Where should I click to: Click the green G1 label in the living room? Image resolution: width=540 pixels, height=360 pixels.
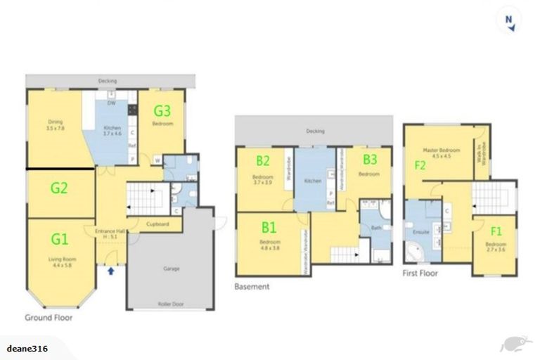point(60,239)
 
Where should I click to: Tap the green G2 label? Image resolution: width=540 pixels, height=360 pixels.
point(59,188)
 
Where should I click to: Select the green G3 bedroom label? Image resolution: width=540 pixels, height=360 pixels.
point(162,110)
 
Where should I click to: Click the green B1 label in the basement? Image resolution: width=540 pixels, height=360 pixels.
point(269,227)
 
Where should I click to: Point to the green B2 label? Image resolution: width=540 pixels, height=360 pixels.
point(263,160)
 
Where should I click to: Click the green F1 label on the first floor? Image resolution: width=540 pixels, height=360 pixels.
point(496,229)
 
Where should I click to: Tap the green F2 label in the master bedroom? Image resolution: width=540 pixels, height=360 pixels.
point(420,166)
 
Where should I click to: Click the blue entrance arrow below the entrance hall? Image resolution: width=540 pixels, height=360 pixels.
point(110,270)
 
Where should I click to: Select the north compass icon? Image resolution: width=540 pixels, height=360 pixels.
point(508,20)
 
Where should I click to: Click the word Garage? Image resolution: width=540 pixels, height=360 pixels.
point(171,269)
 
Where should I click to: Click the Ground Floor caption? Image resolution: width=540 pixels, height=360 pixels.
point(49,318)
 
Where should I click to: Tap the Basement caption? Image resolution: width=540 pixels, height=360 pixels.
point(252,287)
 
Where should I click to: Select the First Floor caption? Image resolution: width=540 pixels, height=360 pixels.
point(420,273)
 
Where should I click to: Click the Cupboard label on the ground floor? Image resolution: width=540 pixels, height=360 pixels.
point(158,225)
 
